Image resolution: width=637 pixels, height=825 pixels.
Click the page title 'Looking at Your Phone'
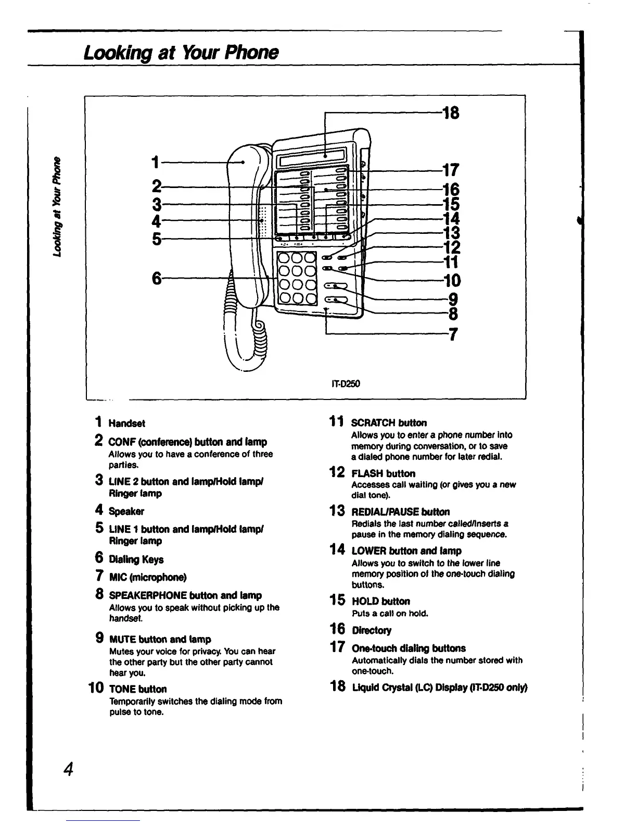coord(181,53)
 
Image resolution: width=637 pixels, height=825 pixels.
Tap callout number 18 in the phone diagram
coord(451,113)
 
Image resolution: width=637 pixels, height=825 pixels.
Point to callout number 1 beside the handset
coord(154,162)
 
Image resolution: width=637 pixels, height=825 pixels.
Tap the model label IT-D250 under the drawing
coord(346,384)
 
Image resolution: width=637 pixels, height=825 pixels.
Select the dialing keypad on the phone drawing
coord(297,278)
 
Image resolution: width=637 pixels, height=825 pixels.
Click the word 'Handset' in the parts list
coord(126,423)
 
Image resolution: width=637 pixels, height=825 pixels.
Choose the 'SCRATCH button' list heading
coord(389,423)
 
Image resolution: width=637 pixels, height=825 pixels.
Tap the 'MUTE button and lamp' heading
coord(160,639)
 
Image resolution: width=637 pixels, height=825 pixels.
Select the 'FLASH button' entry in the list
coord(383,473)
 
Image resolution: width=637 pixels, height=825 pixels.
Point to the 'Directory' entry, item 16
coord(372,631)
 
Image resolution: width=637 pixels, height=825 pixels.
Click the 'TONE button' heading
coord(137,689)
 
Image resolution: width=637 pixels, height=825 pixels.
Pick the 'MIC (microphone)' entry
coord(147,577)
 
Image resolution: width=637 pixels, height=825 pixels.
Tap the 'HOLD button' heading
coord(380,602)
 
